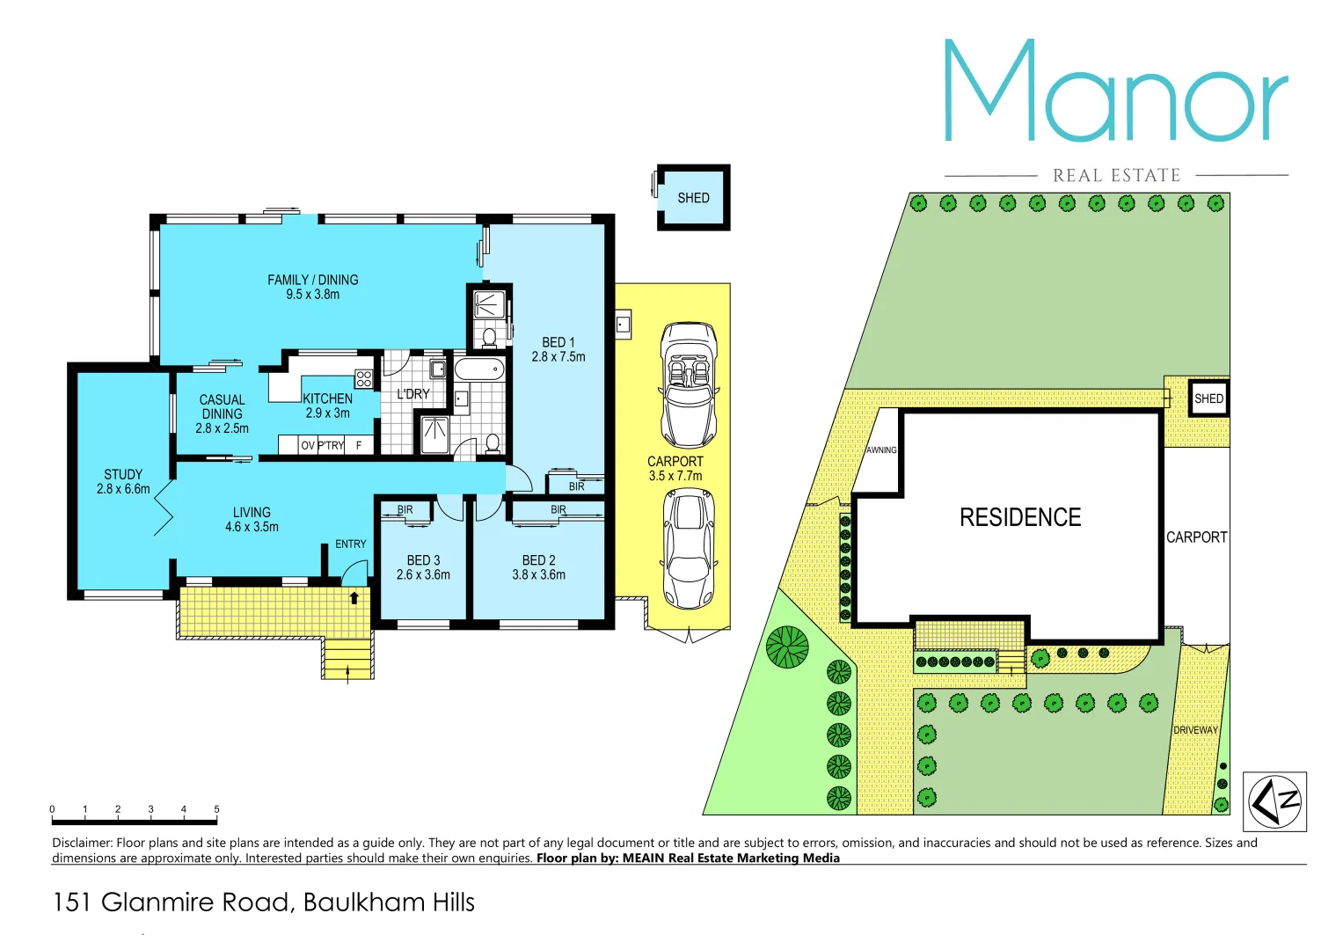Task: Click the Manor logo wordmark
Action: point(1115,91)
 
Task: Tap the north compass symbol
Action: point(1274,801)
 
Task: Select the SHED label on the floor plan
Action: point(693,198)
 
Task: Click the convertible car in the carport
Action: point(689,385)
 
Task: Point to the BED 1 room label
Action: point(558,342)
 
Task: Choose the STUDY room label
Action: point(123,474)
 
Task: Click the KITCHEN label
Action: point(327,398)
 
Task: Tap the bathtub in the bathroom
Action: point(479,369)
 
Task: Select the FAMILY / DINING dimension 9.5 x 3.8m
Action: point(312,295)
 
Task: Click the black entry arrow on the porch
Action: point(354,598)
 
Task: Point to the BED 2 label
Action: point(538,560)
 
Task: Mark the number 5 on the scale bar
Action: point(216,809)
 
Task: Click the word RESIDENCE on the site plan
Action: point(1020,517)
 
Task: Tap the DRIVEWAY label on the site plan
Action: point(1195,730)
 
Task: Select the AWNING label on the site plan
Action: point(881,450)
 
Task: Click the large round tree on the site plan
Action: point(786,647)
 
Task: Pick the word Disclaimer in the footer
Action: point(82,843)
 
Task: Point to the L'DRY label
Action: point(412,394)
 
